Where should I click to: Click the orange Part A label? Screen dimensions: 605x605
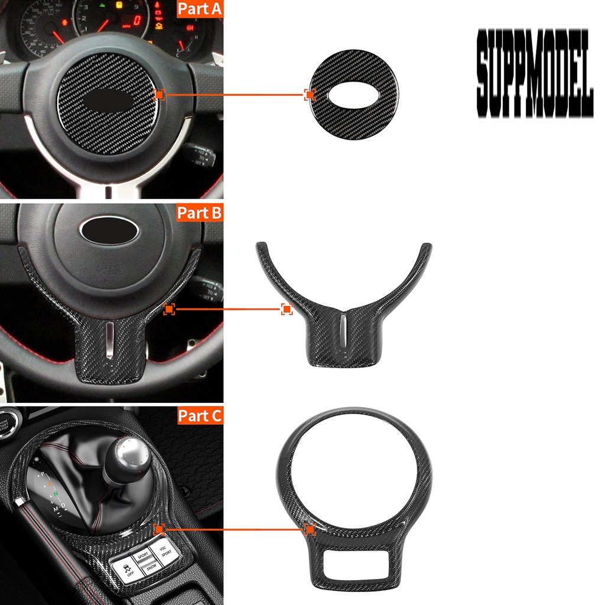point(199,9)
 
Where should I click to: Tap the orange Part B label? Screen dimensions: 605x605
point(199,213)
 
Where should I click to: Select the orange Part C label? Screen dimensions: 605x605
point(200,416)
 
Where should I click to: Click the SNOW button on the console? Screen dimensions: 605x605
point(151,565)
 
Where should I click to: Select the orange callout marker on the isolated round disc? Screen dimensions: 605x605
point(310,95)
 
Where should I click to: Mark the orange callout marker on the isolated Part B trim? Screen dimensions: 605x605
point(287,308)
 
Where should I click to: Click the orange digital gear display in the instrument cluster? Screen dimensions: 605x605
point(136,20)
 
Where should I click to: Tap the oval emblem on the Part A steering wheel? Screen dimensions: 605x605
point(108,101)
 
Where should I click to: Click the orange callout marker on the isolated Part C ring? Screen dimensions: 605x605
point(310,530)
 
